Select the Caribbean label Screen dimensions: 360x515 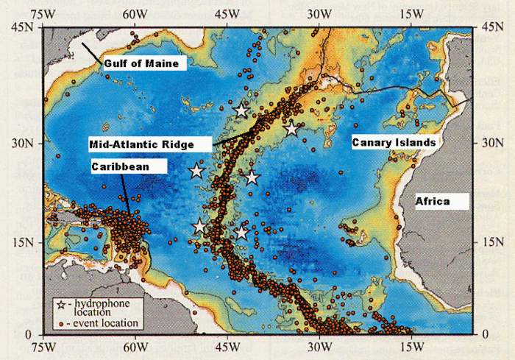(120, 167)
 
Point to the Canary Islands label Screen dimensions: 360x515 (394, 141)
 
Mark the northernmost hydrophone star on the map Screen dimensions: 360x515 (241, 110)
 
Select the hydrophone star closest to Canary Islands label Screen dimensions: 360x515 (291, 129)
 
